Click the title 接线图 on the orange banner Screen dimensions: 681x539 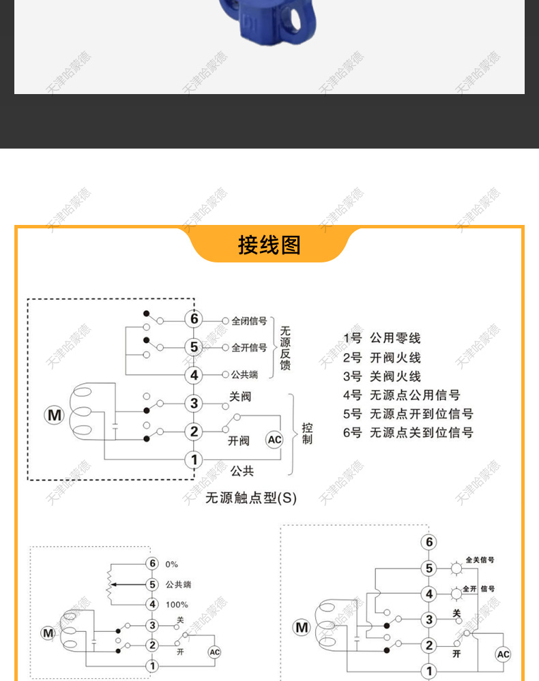[x=269, y=245]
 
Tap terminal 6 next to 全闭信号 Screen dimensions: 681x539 [x=194, y=319]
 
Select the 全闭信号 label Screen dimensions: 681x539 [x=249, y=320]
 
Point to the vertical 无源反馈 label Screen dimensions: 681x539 [x=285, y=348]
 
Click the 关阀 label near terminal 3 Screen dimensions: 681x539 [x=239, y=396]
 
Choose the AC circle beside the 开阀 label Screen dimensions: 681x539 [x=274, y=440]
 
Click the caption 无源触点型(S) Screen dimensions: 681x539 [x=251, y=498]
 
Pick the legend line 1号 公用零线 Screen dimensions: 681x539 [x=382, y=338]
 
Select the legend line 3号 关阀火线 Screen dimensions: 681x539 [x=382, y=376]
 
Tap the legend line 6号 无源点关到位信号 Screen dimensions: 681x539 [x=408, y=433]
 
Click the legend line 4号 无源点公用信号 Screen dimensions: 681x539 [x=402, y=395]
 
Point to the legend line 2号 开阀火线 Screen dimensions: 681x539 [x=382, y=357]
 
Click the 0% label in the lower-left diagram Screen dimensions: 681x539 [x=171, y=564]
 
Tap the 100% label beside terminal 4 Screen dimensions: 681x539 [x=177, y=605]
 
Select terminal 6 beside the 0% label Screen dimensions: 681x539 [x=152, y=563]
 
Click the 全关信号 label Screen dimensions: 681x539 [x=480, y=560]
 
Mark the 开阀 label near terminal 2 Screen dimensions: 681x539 [x=239, y=441]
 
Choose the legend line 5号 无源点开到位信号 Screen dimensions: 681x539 [x=408, y=414]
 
